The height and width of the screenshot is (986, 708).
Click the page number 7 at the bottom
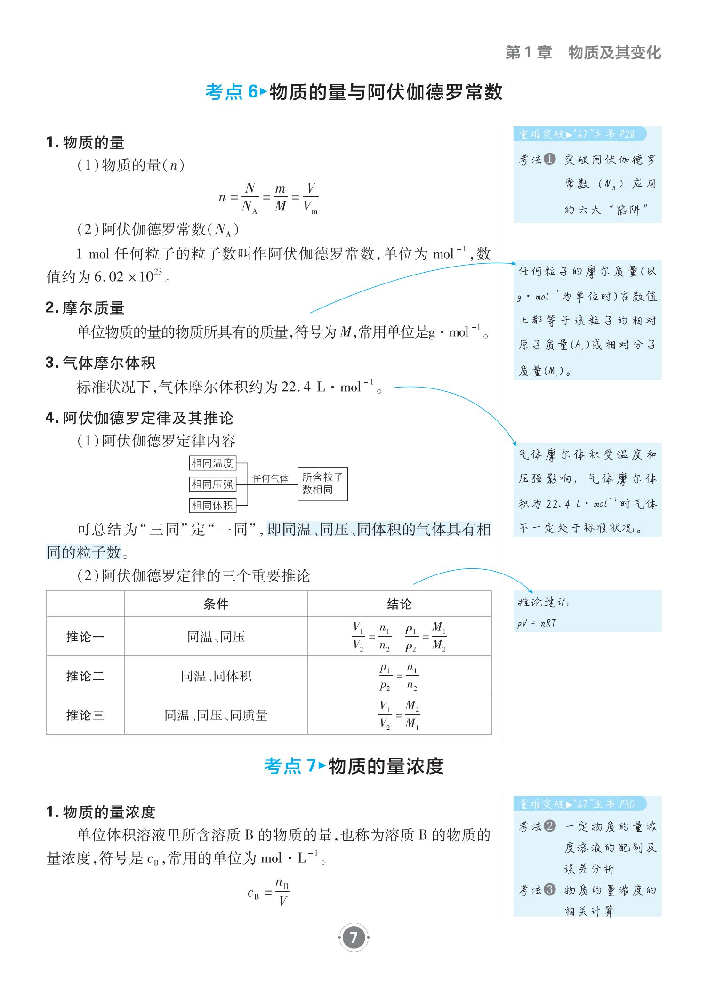coord(354,938)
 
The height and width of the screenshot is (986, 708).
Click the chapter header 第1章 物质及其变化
coord(583,53)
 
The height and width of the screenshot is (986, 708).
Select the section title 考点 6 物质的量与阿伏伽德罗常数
coord(354,92)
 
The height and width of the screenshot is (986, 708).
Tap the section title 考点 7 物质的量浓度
coord(354,766)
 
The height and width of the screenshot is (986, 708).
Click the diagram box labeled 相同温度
coord(212,463)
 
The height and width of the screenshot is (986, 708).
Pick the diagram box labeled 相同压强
coord(212,484)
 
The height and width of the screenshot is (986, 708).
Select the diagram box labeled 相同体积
coord(212,505)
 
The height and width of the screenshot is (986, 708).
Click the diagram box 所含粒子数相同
coord(323,484)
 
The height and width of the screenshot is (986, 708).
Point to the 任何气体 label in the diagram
coord(270,479)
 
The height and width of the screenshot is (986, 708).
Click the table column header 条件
coord(216,604)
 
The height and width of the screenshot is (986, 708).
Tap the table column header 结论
coord(399,604)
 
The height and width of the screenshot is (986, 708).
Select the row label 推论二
coord(85,676)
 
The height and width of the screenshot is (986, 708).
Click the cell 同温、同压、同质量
coord(216,716)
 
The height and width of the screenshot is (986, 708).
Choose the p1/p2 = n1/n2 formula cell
coord(399,677)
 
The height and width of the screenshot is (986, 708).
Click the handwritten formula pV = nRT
coord(537,623)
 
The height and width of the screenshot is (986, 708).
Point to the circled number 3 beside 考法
coord(550,890)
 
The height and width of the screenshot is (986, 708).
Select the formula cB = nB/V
coord(269,892)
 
